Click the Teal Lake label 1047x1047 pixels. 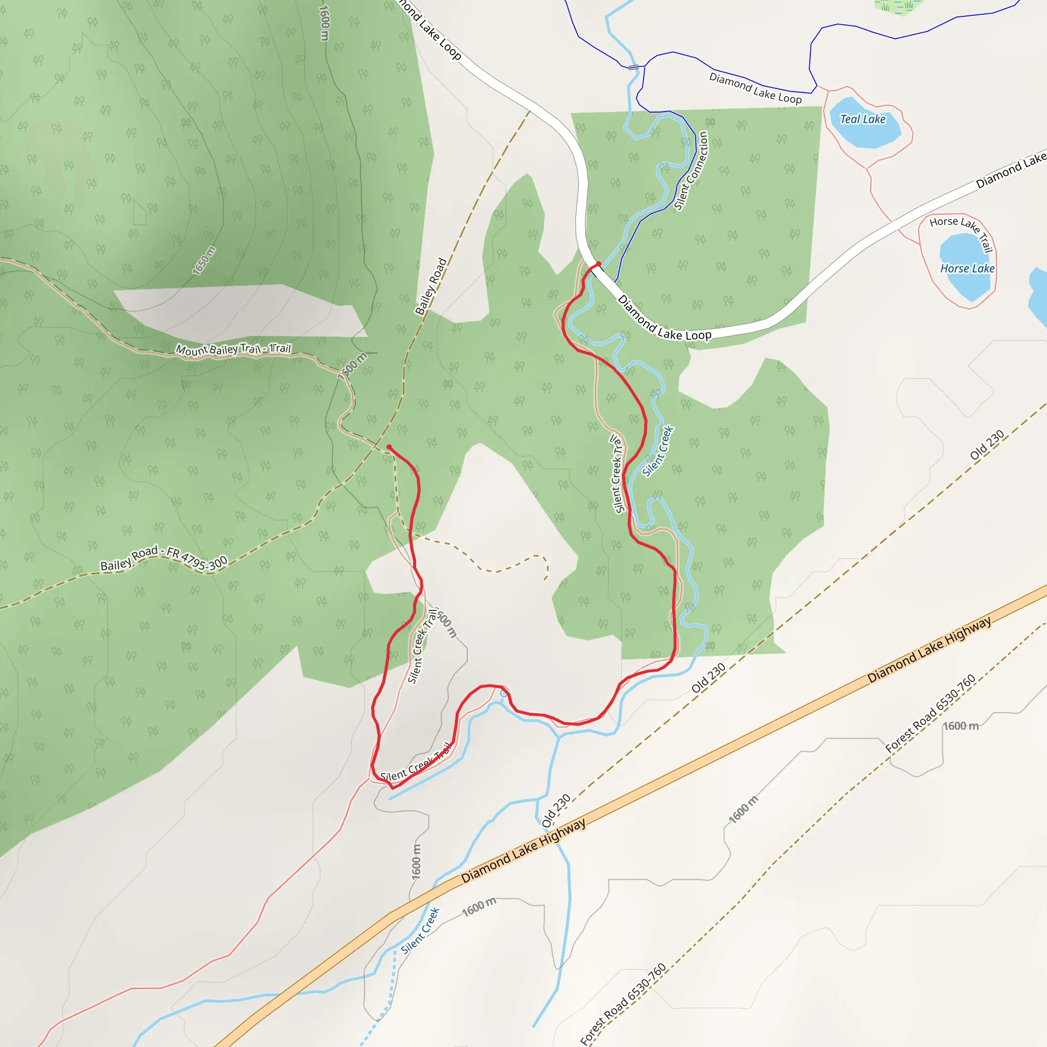coord(862,119)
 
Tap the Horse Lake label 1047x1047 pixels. coord(967,268)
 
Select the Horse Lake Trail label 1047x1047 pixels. coord(963,232)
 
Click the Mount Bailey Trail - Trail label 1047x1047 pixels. coord(234,350)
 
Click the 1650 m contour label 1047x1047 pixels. coord(204,261)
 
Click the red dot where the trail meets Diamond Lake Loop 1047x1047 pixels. coord(599,264)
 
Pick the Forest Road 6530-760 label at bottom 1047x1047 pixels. coord(623,1004)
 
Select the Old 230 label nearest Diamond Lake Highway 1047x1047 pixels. coord(556,811)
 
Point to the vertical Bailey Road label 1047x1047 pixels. coord(431,286)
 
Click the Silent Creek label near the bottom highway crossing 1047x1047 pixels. coord(420,931)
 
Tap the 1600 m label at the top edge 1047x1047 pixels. coord(324,23)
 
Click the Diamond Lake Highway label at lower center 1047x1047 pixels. coord(523,851)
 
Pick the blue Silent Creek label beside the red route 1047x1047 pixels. coord(658,451)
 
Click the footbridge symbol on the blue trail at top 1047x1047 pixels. coord(633,67)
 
